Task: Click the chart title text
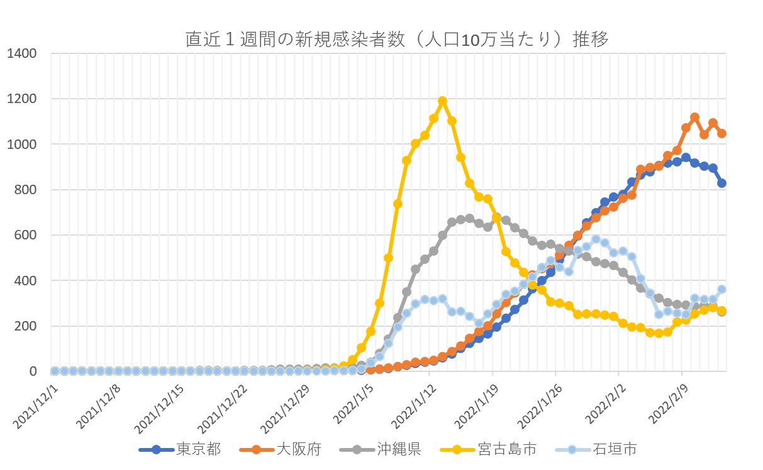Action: (397, 40)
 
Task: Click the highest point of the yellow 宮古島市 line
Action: (442, 101)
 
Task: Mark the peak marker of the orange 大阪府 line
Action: (695, 117)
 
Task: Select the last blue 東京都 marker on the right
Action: (721, 183)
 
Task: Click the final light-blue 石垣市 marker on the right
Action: (721, 289)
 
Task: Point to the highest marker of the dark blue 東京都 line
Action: (686, 158)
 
